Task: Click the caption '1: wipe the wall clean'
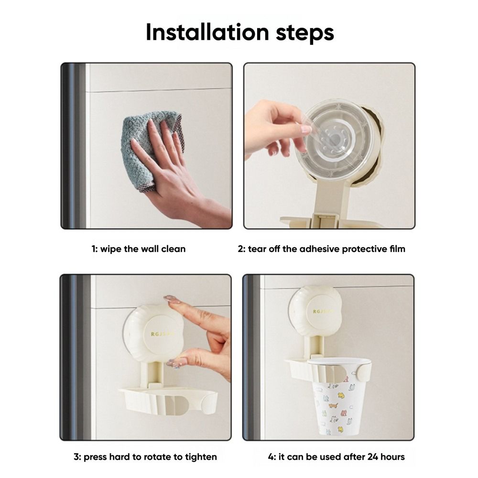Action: pyautogui.click(x=139, y=249)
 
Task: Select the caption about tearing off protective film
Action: pyautogui.click(x=321, y=249)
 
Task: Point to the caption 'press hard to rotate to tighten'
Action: pyautogui.click(x=145, y=457)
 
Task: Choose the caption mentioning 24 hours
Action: pyautogui.click(x=336, y=457)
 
